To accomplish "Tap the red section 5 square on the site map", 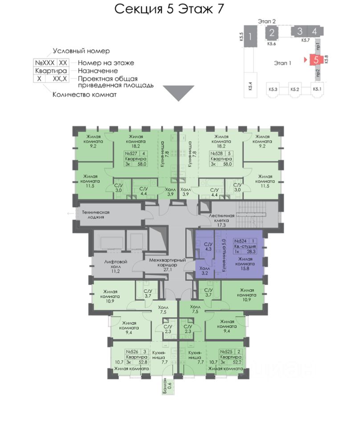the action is [315, 59].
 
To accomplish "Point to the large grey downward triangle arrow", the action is [178, 93].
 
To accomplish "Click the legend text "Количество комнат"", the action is [85, 94].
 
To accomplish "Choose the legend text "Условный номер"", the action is [81, 51].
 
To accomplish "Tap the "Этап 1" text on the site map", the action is [282, 63].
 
